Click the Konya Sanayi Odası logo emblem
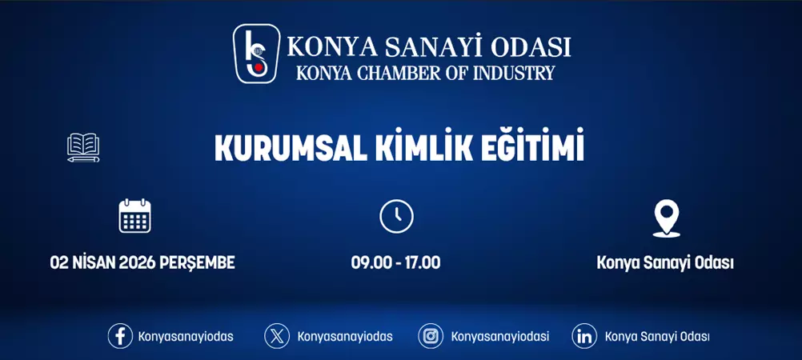[256, 54]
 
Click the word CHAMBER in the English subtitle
[397, 73]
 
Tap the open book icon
[83, 148]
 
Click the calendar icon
[134, 216]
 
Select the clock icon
[396, 216]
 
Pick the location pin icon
[666, 218]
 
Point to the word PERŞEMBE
[198, 262]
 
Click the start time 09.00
[369, 262]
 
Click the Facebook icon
[120, 336]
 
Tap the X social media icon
[277, 336]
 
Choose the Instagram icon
[431, 336]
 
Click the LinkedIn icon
[584, 336]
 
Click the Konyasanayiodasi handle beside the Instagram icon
[500, 337]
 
